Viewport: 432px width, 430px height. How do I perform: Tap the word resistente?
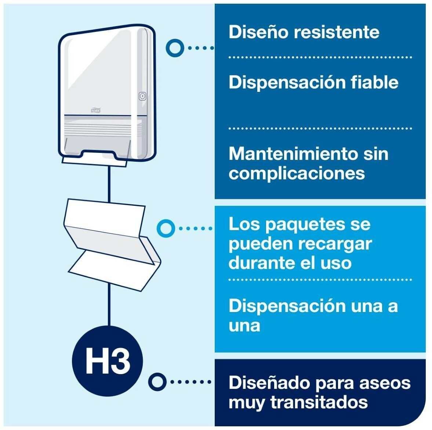click(x=337, y=32)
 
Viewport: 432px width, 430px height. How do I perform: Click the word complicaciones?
click(x=297, y=174)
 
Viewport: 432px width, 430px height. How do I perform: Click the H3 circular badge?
click(x=108, y=361)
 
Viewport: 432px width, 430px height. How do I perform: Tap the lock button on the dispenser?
click(x=142, y=96)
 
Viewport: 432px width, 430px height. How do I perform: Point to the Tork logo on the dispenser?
click(x=95, y=110)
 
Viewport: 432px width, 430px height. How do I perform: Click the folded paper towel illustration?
click(x=112, y=244)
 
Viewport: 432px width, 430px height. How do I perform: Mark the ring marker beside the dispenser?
click(x=175, y=48)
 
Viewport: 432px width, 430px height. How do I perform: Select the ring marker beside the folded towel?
click(x=166, y=228)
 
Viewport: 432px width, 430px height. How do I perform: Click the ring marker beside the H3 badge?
click(x=157, y=382)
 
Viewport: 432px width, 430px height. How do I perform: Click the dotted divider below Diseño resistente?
click(x=320, y=57)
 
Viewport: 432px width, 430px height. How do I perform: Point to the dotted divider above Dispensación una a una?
click(x=320, y=279)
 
